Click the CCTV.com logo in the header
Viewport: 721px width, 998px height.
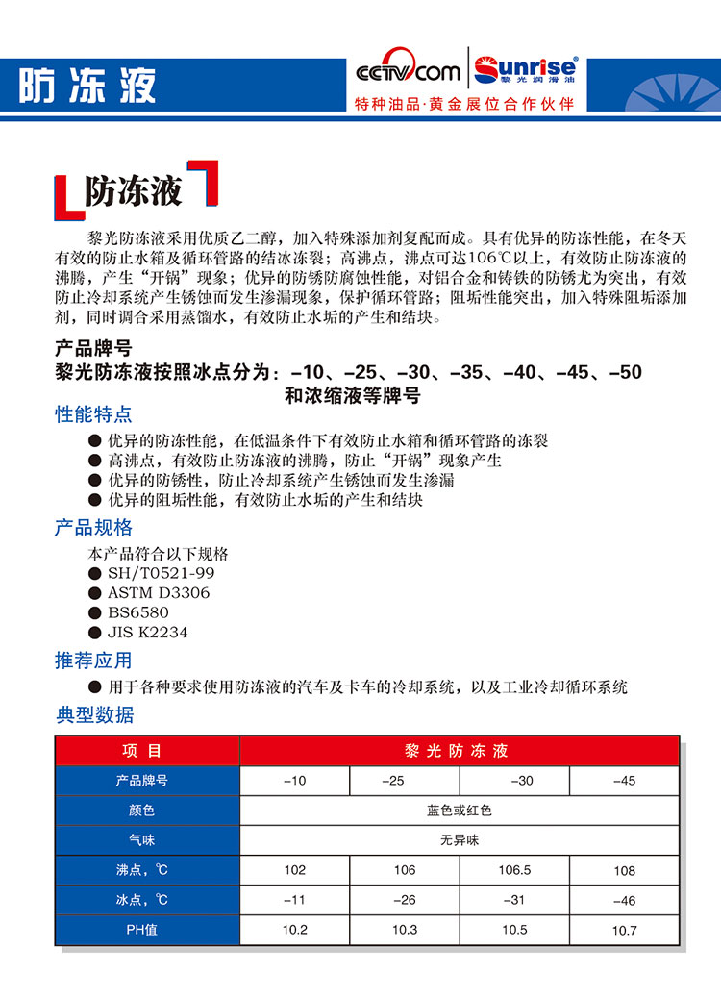coord(408,72)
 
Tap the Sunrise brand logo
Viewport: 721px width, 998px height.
coord(523,69)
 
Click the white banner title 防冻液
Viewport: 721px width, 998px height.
coord(87,87)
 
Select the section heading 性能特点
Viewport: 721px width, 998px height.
coord(93,415)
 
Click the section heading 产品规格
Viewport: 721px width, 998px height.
coord(93,528)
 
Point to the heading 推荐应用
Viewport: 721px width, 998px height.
coord(93,661)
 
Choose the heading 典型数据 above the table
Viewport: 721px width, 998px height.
coord(95,714)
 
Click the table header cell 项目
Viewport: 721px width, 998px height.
coord(147,751)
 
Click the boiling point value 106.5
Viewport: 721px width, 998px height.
coord(514,870)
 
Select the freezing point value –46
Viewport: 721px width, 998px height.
coord(624,901)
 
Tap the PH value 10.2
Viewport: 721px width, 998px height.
coord(295,930)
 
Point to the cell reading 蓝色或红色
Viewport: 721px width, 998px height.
coord(459,811)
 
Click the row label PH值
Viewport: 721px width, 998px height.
coord(147,930)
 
